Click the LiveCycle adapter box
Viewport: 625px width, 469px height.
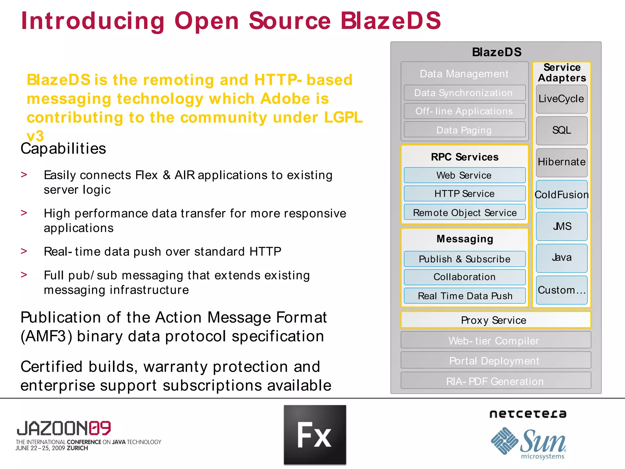pos(562,99)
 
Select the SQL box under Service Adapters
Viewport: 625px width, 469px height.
pos(562,131)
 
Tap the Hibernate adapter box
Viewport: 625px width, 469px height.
pos(562,162)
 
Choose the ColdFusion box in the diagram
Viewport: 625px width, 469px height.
pos(562,195)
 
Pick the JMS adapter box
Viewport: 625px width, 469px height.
pos(562,226)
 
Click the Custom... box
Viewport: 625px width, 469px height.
pos(562,290)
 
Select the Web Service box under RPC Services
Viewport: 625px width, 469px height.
pos(464,175)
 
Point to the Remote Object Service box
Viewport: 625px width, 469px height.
pos(464,213)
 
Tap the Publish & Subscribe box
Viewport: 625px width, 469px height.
pos(464,259)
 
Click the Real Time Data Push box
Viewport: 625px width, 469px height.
pos(464,296)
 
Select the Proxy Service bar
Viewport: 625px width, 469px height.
pos(495,320)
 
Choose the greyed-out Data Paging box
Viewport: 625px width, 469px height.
pos(464,130)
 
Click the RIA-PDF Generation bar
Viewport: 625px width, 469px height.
pos(495,381)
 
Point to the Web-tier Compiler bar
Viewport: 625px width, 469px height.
pos(495,340)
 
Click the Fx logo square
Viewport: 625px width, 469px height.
pos(315,435)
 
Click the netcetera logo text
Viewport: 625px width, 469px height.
pos(528,414)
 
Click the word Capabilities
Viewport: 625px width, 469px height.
pos(63,149)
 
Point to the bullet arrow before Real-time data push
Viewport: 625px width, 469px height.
pos(24,251)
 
